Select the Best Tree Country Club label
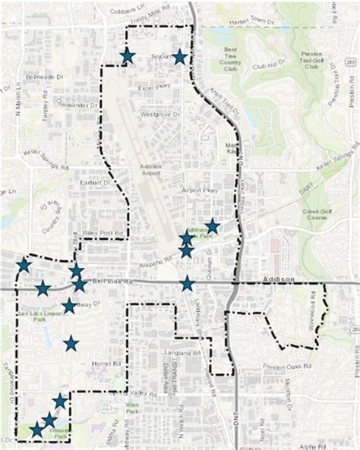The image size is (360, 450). pyautogui.click(x=231, y=57)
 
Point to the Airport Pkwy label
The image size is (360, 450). pyautogui.click(x=199, y=193)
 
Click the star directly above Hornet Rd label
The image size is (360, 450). pyautogui.click(x=71, y=344)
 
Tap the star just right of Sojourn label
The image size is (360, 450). pyautogui.click(x=179, y=56)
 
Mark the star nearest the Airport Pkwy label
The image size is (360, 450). pyautogui.click(x=213, y=226)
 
